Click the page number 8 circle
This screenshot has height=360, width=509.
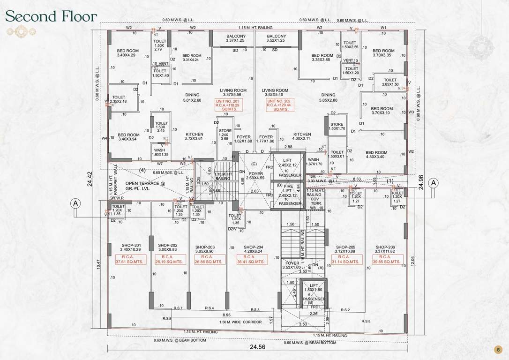pyautogui.click(x=498, y=349)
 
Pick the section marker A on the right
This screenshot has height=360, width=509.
pyautogui.click(x=434, y=182)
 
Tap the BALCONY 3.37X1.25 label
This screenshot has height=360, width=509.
pyautogui.click(x=236, y=38)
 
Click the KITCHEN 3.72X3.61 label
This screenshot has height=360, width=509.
pyautogui.click(x=194, y=136)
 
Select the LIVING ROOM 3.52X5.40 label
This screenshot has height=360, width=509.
pyautogui.click(x=275, y=93)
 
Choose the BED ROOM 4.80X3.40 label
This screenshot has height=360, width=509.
pyautogui.click(x=376, y=155)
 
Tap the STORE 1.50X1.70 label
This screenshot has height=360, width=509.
pyautogui.click(x=337, y=126)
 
